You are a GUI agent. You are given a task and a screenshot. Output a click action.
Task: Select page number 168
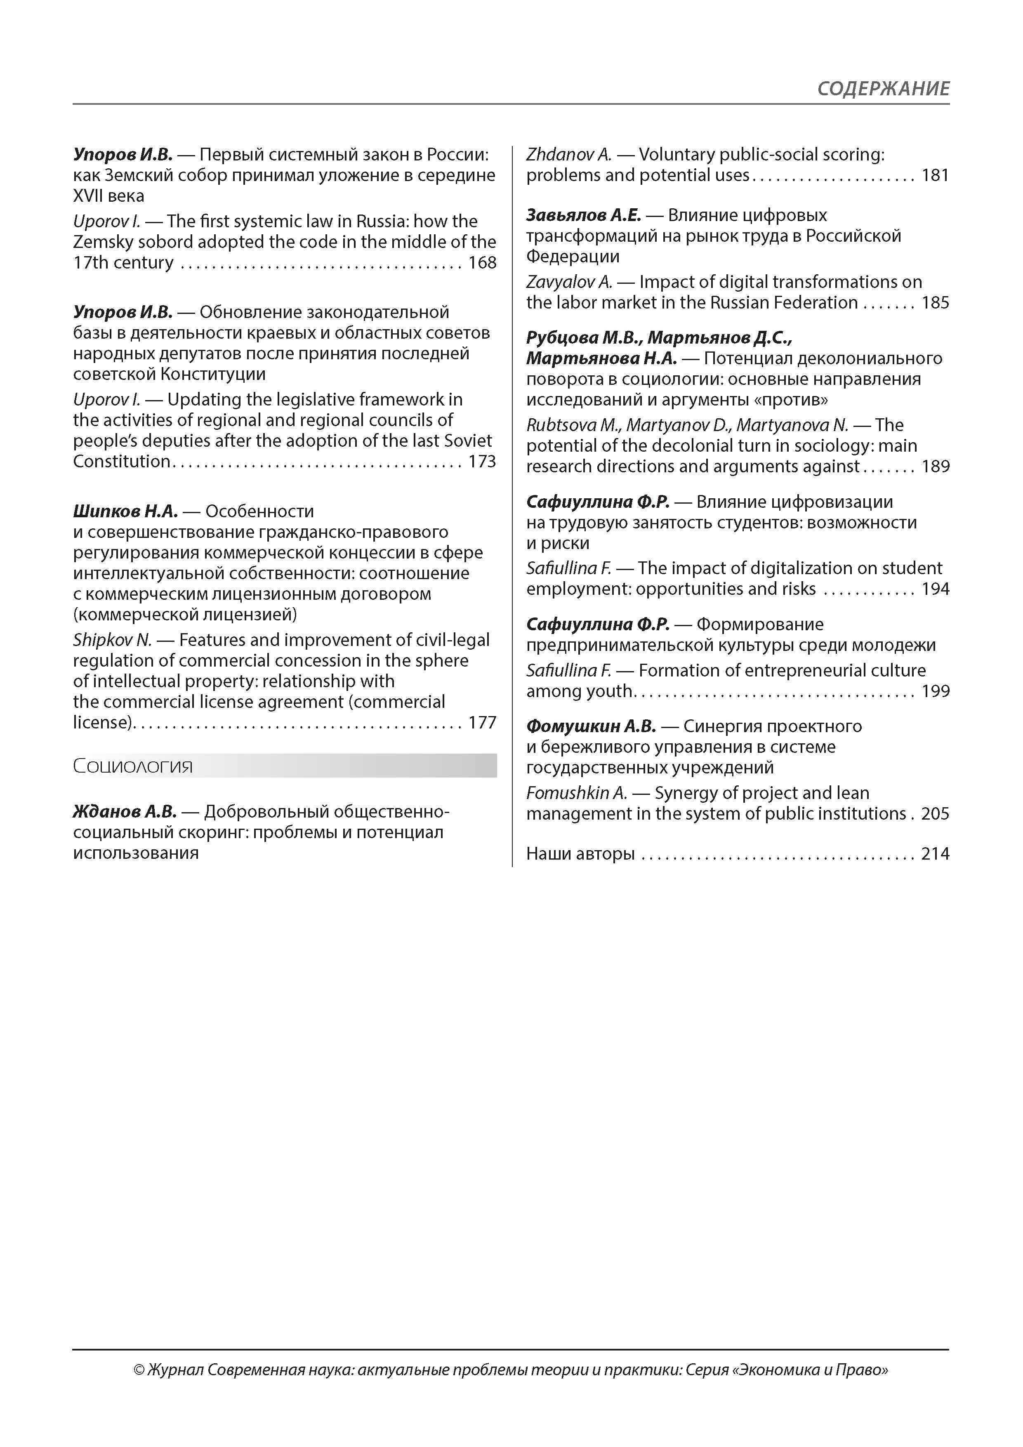[x=482, y=263]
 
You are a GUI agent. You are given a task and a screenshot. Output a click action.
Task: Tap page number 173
[x=482, y=462]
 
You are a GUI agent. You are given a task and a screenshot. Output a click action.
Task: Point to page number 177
[x=482, y=723]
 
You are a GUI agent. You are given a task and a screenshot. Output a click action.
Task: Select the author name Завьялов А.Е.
[x=583, y=216]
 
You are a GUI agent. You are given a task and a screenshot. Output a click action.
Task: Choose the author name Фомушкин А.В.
[x=591, y=727]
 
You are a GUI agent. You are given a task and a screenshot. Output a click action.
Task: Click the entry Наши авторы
[x=580, y=854]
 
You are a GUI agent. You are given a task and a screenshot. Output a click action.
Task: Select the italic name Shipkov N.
[x=112, y=640]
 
